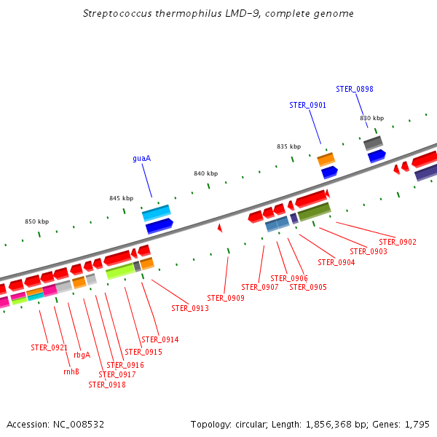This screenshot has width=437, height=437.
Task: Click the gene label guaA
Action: pos(141,158)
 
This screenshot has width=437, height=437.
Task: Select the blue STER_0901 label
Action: pos(307,105)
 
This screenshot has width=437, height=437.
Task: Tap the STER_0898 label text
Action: pos(355,89)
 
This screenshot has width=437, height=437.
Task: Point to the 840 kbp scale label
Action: pos(205,173)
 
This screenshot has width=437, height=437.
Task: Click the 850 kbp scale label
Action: pos(36,221)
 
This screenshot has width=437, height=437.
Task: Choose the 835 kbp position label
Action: pos(288,146)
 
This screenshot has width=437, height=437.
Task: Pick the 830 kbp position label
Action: pos(371,118)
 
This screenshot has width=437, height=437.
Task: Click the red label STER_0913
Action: pos(190,308)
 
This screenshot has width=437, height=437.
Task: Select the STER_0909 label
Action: pos(226,298)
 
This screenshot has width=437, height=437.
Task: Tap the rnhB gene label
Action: pos(71,371)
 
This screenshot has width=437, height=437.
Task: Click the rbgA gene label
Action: pos(82,355)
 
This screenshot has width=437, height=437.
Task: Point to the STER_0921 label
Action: pos(49,347)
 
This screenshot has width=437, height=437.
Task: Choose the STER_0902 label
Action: pos(398,242)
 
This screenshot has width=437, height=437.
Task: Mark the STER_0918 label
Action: pos(107,385)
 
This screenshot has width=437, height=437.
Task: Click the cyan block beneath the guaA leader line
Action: pos(156,213)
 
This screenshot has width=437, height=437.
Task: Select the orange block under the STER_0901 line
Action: pos(326,159)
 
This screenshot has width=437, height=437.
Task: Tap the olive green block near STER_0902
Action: pos(315,212)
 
